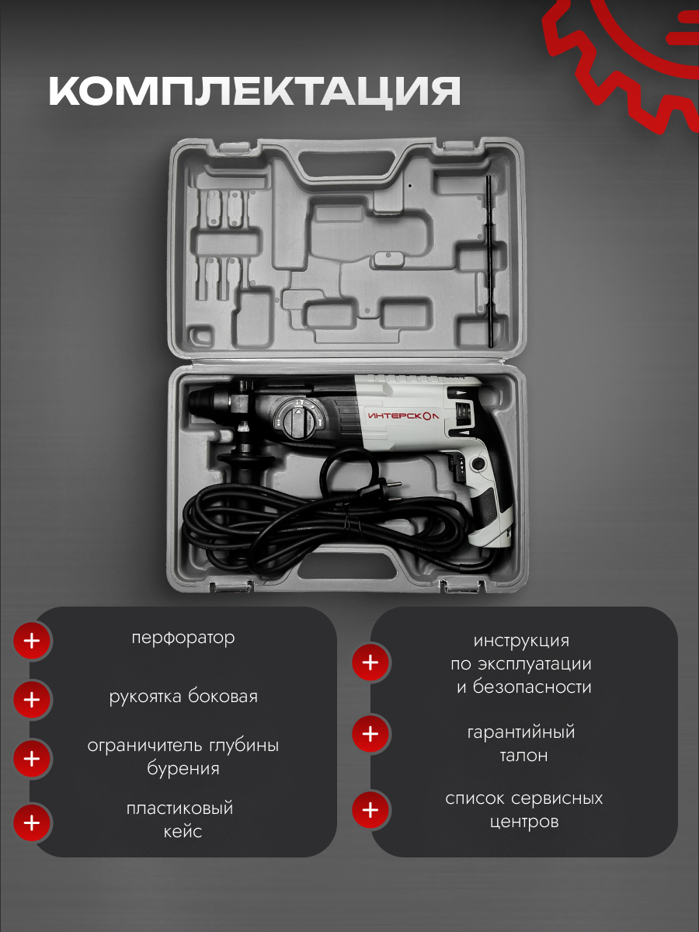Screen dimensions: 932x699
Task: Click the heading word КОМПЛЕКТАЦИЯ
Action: point(255,92)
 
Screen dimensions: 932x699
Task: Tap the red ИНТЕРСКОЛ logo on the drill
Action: point(402,416)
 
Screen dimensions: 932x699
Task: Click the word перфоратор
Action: point(183,638)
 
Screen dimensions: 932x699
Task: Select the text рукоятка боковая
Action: point(183,697)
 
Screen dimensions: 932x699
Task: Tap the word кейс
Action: point(183,831)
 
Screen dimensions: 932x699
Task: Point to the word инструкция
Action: point(521,642)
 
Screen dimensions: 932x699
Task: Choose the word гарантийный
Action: point(521,732)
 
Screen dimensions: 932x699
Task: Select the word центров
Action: point(524,822)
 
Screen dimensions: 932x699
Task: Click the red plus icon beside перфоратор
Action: point(32,642)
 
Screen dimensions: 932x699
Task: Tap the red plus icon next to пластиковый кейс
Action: point(32,822)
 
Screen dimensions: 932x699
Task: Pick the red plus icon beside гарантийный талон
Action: point(370,733)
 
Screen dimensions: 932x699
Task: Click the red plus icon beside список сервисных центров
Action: point(370,810)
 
